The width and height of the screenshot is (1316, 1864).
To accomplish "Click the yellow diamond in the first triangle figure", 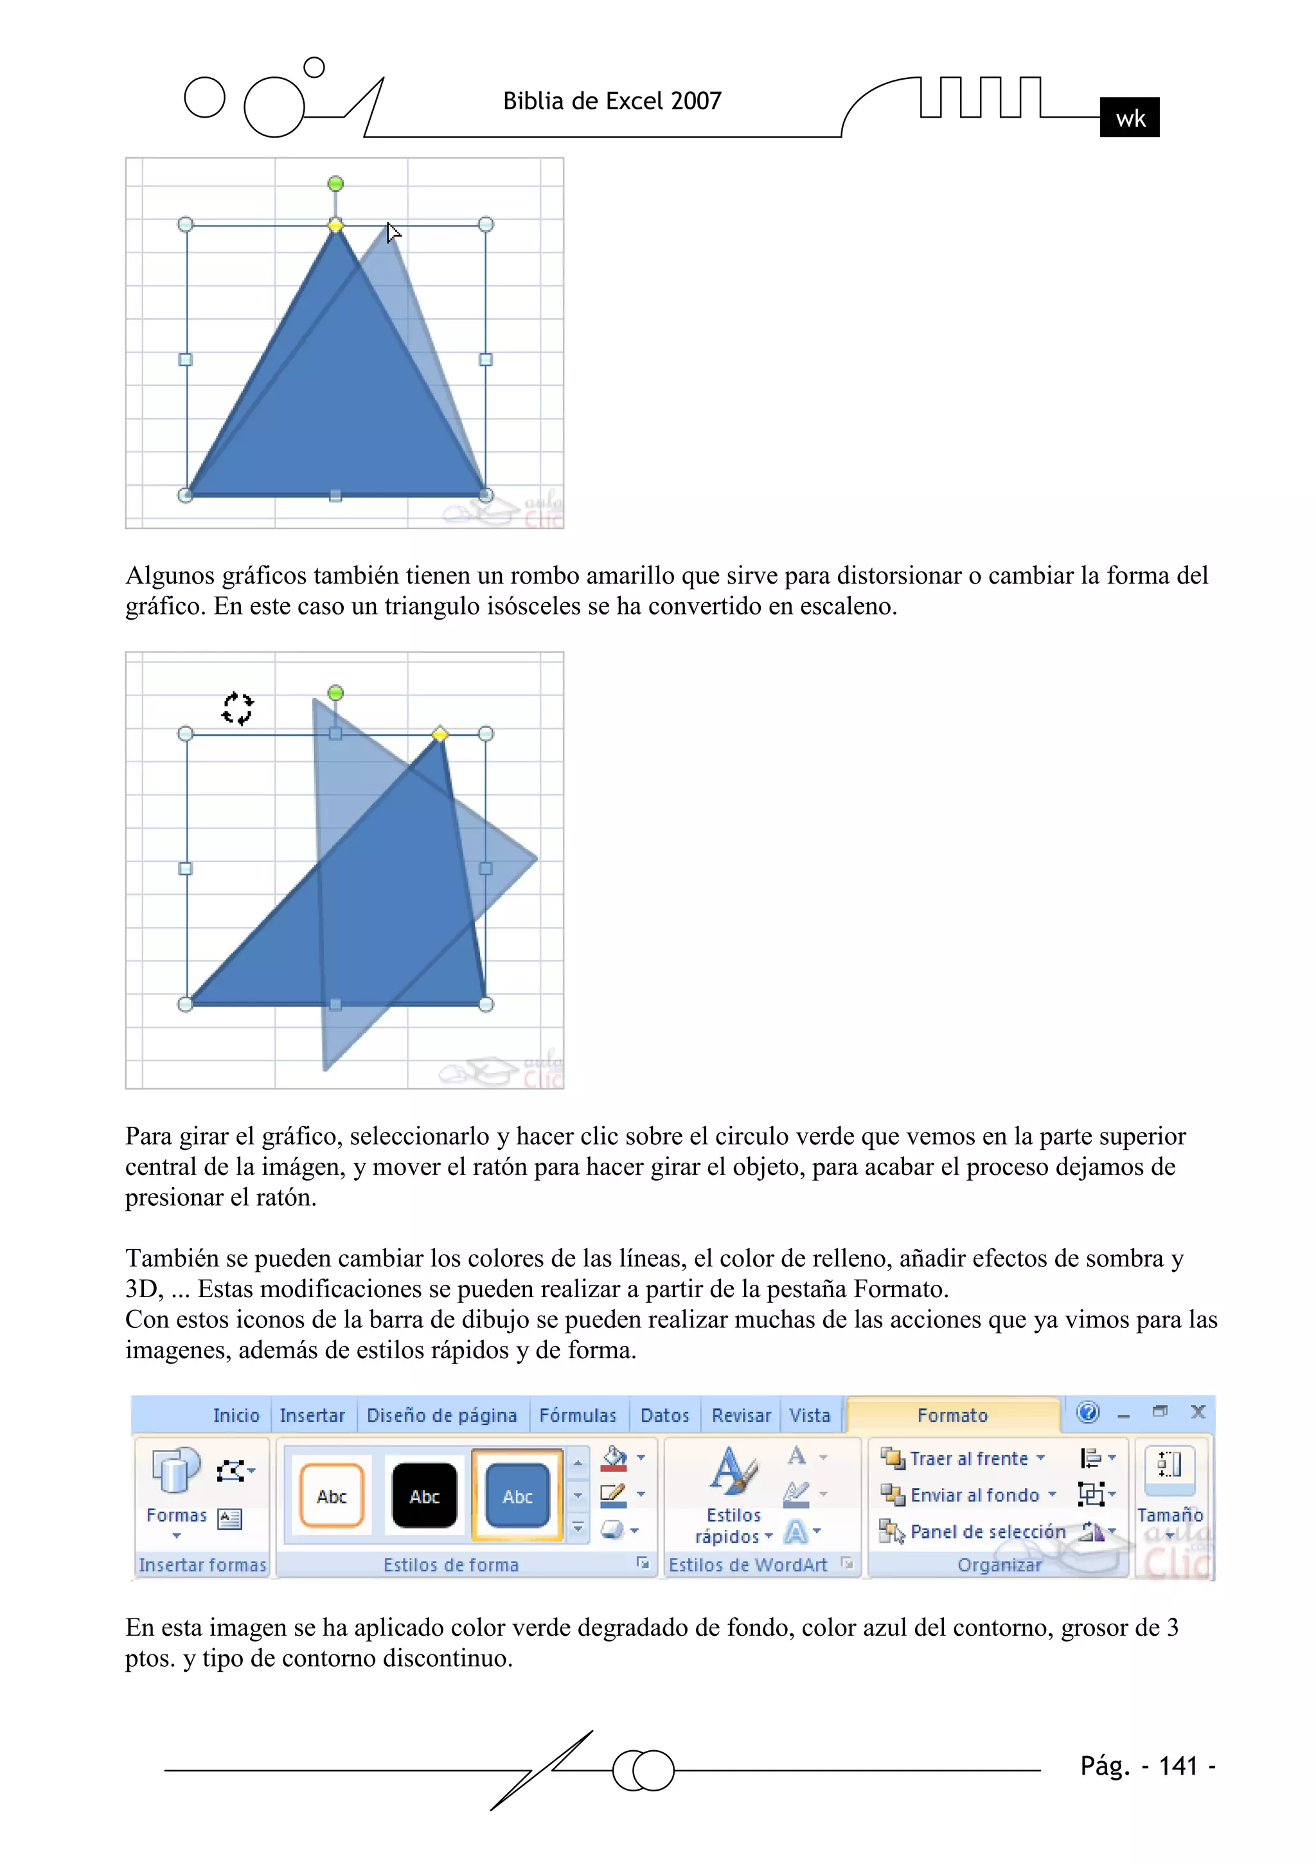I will (x=335, y=225).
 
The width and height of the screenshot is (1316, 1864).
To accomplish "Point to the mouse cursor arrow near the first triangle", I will (x=393, y=233).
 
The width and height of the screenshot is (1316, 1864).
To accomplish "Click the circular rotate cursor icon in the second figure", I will (x=237, y=708).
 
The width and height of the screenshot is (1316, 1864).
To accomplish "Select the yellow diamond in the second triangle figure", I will (x=440, y=734).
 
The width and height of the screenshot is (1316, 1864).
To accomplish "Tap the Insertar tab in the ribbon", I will (x=312, y=1416).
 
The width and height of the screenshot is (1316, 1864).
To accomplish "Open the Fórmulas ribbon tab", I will (x=577, y=1416).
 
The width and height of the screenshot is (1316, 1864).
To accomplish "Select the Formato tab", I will (x=952, y=1416).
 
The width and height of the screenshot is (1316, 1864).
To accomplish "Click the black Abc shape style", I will (x=425, y=1496).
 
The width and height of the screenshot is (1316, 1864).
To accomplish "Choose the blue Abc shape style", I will (x=517, y=1496).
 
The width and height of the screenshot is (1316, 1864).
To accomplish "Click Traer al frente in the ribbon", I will (x=968, y=1459).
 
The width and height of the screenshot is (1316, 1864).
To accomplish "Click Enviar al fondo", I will (x=974, y=1496).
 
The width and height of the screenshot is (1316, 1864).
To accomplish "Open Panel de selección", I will (x=986, y=1532).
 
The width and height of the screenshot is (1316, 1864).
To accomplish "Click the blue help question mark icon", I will (x=1088, y=1413).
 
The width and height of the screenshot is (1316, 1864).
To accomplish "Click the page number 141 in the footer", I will (x=1177, y=1766).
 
